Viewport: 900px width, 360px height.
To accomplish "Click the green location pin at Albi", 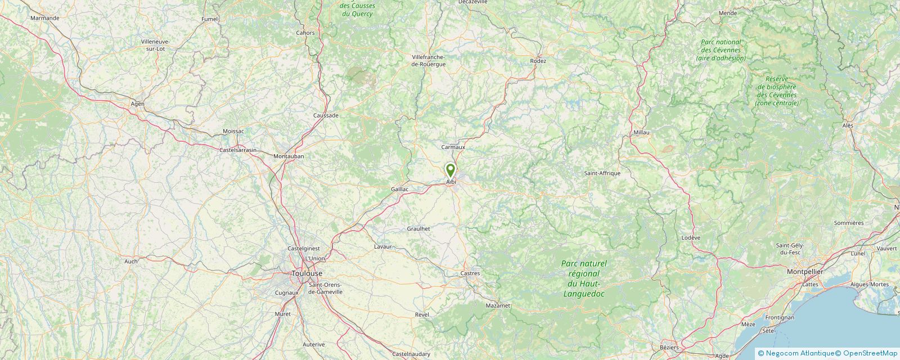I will pyautogui.click(x=450, y=170).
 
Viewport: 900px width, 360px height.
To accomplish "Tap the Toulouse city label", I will pyautogui.click(x=307, y=273).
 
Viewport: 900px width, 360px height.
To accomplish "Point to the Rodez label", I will pyautogui.click(x=538, y=61).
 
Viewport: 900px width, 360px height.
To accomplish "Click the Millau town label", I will pyautogui.click(x=641, y=132).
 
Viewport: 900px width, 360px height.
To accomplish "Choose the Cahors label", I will pyautogui.click(x=305, y=33).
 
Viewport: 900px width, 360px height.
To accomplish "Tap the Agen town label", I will pyautogui.click(x=137, y=103).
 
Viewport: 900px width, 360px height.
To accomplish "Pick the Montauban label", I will pyautogui.click(x=288, y=156).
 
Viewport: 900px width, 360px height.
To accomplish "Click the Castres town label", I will pyautogui.click(x=470, y=273).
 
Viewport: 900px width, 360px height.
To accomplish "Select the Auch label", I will pyautogui.click(x=130, y=261).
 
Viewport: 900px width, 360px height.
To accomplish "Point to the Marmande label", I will pyautogui.click(x=45, y=18).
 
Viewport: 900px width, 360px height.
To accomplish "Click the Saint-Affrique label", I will pyautogui.click(x=602, y=173).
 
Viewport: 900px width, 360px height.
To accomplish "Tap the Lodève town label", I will pyautogui.click(x=691, y=237).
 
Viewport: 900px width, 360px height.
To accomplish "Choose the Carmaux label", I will pyautogui.click(x=453, y=147).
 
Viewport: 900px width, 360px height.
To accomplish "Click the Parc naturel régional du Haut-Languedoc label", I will pyautogui.click(x=584, y=278).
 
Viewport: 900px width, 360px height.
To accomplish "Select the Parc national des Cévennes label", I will pyautogui.click(x=721, y=50).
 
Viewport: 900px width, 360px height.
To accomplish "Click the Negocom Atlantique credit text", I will pyautogui.click(x=799, y=353).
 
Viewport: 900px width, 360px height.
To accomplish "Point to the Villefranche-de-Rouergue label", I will pyautogui.click(x=429, y=60).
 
